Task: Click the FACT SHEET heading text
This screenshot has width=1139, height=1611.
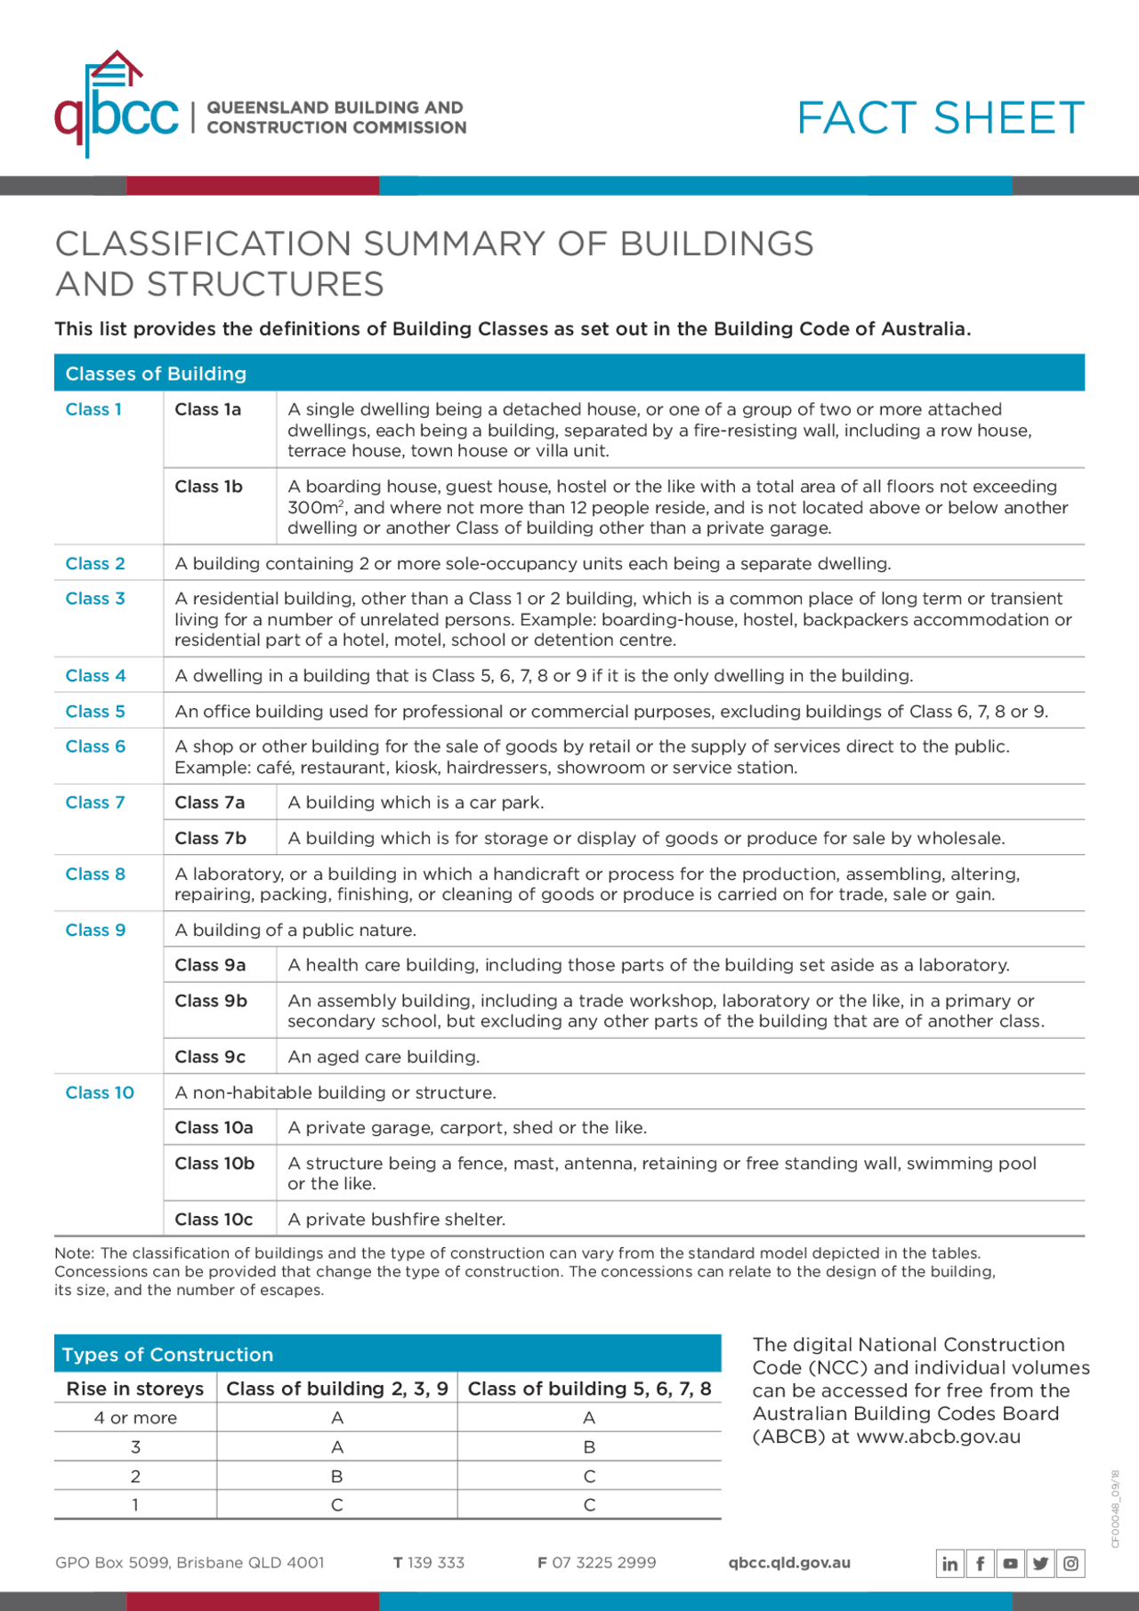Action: (940, 118)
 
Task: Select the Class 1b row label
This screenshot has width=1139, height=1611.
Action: (208, 487)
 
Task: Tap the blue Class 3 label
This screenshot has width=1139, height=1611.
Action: (95, 599)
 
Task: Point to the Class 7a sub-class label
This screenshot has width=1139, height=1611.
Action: (209, 802)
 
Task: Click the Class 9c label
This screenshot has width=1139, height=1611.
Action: (210, 1057)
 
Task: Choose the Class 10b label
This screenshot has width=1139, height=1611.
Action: (214, 1164)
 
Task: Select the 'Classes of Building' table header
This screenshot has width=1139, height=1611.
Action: (156, 374)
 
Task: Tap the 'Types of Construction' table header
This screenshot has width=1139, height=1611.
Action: (167, 1355)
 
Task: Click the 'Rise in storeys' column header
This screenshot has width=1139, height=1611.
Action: (135, 1389)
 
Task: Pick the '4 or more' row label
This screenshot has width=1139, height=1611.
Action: (135, 1418)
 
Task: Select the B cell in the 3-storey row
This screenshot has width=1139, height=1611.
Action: (589, 1447)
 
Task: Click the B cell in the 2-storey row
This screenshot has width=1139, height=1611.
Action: (336, 1477)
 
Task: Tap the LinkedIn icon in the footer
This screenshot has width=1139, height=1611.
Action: (950, 1563)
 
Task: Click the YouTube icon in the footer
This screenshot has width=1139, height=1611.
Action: (1011, 1563)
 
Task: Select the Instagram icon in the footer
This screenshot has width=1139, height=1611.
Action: (1071, 1563)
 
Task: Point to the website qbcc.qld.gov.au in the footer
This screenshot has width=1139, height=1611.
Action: (789, 1563)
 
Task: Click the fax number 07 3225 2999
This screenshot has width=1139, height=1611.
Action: (604, 1563)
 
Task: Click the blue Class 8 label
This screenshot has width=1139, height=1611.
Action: (95, 874)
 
